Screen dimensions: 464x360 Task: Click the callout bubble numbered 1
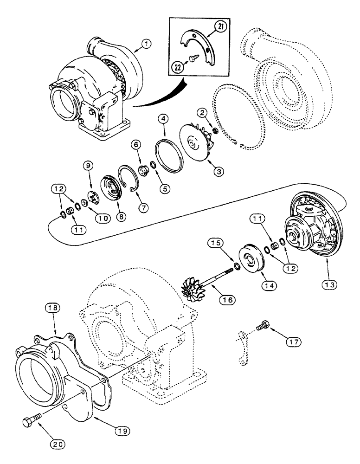pyautogui.click(x=146, y=44)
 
